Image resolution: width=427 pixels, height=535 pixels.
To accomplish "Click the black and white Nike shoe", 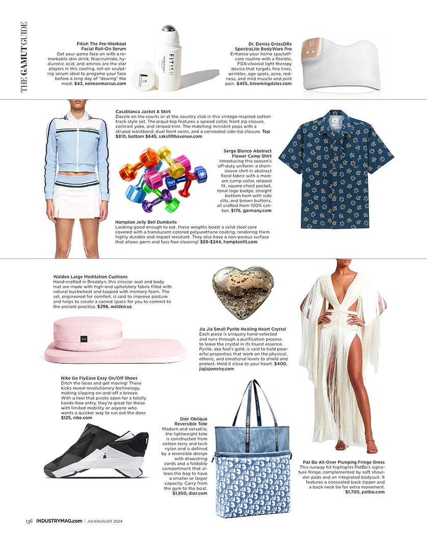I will click(96, 451).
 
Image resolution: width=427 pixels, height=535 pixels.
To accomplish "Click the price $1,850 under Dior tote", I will click(181, 493).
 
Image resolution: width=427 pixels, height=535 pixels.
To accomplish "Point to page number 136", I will click(30, 521).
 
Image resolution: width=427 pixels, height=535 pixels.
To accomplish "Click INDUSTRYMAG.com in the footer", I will click(59, 521).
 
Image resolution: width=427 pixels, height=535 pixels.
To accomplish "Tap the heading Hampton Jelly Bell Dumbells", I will click(147, 222).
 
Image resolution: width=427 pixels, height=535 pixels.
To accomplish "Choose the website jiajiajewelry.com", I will click(221, 369).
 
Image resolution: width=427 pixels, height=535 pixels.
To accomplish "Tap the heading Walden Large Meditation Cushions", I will click(90, 277).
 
